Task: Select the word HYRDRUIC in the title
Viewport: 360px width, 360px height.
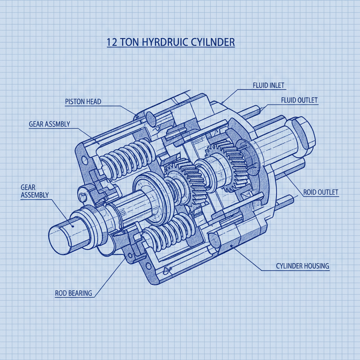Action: click(159, 42)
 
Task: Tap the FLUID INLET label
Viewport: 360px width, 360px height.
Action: click(269, 85)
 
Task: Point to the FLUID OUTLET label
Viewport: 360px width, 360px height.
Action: click(299, 100)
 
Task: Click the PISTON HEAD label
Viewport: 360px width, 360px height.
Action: click(83, 102)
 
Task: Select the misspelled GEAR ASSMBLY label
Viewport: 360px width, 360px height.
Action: click(49, 124)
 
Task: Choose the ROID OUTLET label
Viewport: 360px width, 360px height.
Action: click(321, 192)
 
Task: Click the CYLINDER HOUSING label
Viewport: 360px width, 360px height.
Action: click(302, 266)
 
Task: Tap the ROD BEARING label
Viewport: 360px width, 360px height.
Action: click(73, 292)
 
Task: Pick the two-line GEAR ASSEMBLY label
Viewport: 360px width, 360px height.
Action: click(34, 191)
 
